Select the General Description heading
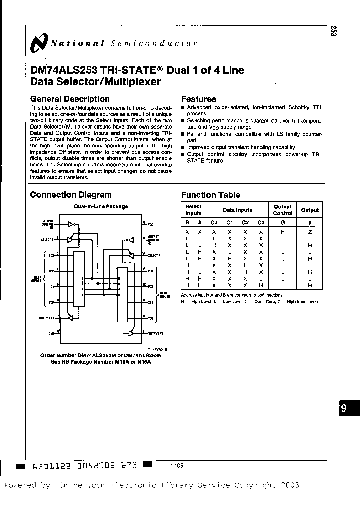[x=70, y=99]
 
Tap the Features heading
[x=198, y=99]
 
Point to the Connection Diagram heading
[x=71, y=195]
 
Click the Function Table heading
[x=210, y=195]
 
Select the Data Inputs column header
[x=237, y=210]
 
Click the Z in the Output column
[x=310, y=232]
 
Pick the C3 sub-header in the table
[x=260, y=223]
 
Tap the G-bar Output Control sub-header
[x=283, y=223]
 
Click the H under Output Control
[x=283, y=232]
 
